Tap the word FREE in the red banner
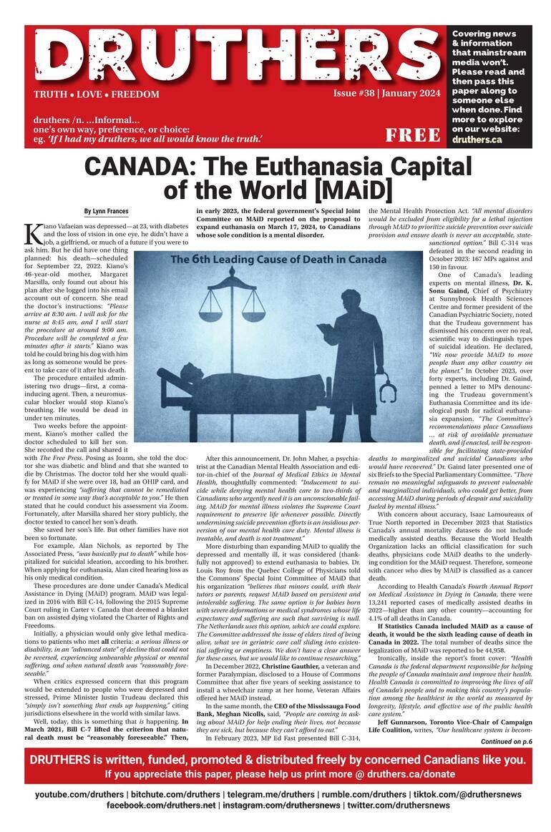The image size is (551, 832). (413, 135)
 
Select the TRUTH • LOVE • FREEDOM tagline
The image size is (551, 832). (96, 94)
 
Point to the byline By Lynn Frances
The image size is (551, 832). (107, 211)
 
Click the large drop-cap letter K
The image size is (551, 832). (31, 233)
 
